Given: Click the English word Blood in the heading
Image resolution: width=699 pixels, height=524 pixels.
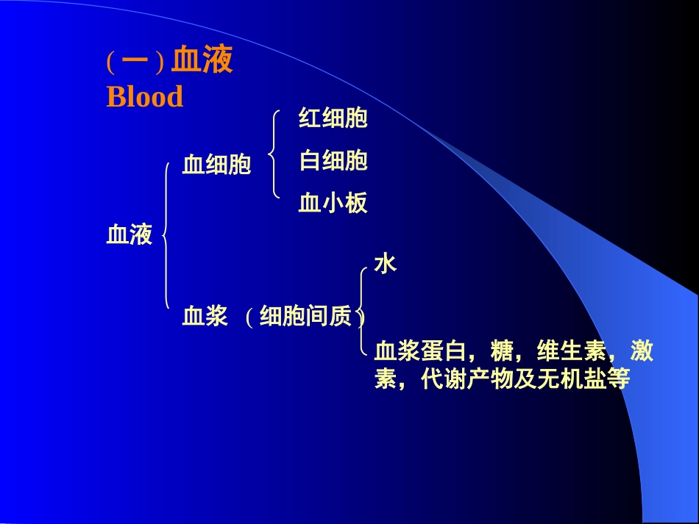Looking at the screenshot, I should click(x=145, y=97).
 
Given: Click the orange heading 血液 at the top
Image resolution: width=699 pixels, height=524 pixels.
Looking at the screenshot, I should click(x=202, y=62).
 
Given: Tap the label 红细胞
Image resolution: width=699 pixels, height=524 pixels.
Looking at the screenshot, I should click(x=333, y=118).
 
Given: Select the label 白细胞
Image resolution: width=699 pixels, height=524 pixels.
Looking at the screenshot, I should click(x=333, y=160).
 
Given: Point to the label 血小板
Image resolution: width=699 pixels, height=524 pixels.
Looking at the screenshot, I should click(x=333, y=203).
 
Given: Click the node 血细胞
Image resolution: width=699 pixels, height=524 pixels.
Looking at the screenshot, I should click(x=216, y=165).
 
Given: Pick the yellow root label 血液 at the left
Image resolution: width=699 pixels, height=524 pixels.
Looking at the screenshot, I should click(x=129, y=235).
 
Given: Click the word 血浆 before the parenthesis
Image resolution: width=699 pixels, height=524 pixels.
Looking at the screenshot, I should click(x=205, y=317).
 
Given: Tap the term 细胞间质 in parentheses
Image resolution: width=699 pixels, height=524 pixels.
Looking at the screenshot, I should click(x=305, y=317).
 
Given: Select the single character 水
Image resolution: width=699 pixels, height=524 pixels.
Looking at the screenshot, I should click(x=385, y=264).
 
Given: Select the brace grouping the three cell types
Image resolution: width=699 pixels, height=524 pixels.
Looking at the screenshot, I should click(x=274, y=154).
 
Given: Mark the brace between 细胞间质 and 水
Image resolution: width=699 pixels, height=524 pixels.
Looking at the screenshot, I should click(x=362, y=312).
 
